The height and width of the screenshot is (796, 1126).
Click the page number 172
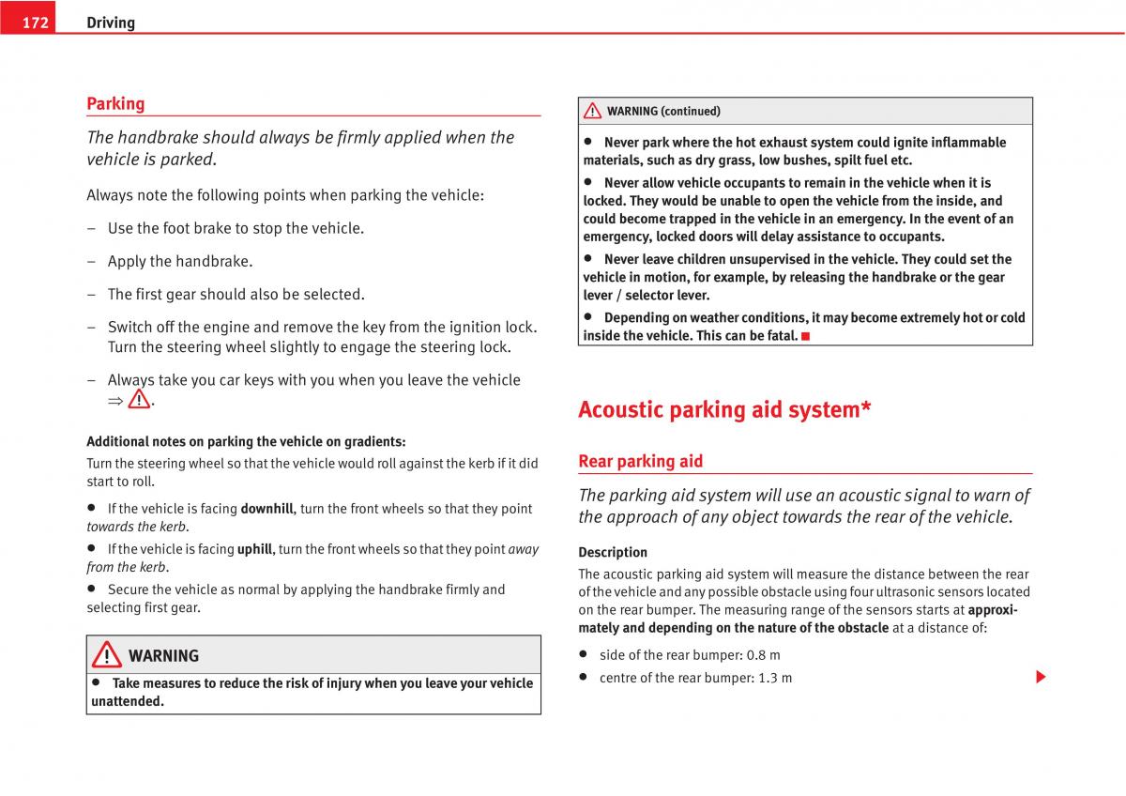pos(35,23)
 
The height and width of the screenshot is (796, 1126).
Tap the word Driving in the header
pos(111,23)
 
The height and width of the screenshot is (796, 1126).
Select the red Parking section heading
pos(115,103)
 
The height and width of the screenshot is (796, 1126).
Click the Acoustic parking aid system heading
pos(724,409)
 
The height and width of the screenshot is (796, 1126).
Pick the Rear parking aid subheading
pos(640,461)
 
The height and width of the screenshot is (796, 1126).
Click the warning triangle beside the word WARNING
pos(106,654)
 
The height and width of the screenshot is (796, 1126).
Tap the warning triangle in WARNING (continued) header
pos(592,111)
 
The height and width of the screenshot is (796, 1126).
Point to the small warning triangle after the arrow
pos(139,400)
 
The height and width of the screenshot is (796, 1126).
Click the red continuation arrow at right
pos(1041,677)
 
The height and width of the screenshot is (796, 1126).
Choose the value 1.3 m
pos(774,678)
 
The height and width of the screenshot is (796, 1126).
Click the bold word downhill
pos(266,509)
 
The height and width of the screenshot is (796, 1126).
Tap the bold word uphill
pos(254,549)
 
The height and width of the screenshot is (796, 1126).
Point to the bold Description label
pos(613,552)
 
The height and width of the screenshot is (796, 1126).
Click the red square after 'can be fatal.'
pos(805,336)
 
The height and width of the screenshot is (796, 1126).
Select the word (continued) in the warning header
pos(691,111)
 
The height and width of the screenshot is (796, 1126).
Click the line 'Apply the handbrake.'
pos(179,261)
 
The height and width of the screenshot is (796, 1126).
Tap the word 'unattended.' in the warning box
pos(128,701)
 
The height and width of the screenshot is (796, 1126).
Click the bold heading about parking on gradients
pos(246,441)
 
